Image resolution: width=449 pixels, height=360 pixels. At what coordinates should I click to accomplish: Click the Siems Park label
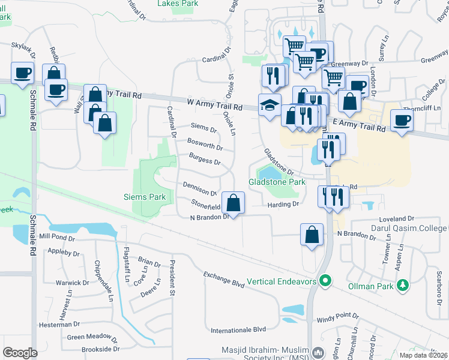point(144,197)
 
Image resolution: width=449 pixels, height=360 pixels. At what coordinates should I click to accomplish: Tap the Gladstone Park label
point(277,182)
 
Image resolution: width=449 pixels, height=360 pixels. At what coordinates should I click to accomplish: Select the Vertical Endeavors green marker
point(326,280)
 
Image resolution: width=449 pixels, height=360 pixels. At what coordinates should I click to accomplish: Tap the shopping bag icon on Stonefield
point(234,202)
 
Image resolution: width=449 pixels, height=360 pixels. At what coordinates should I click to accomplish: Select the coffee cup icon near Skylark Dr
point(23,73)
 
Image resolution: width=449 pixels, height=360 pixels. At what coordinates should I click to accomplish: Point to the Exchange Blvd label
point(223,280)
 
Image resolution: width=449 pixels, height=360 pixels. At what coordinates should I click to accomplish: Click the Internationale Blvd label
point(238,329)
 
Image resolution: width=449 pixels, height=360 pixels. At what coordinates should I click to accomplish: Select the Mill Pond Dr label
point(57,238)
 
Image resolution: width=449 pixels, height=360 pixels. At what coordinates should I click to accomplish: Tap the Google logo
point(20,353)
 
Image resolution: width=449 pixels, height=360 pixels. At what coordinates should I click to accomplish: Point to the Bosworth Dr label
point(205,145)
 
